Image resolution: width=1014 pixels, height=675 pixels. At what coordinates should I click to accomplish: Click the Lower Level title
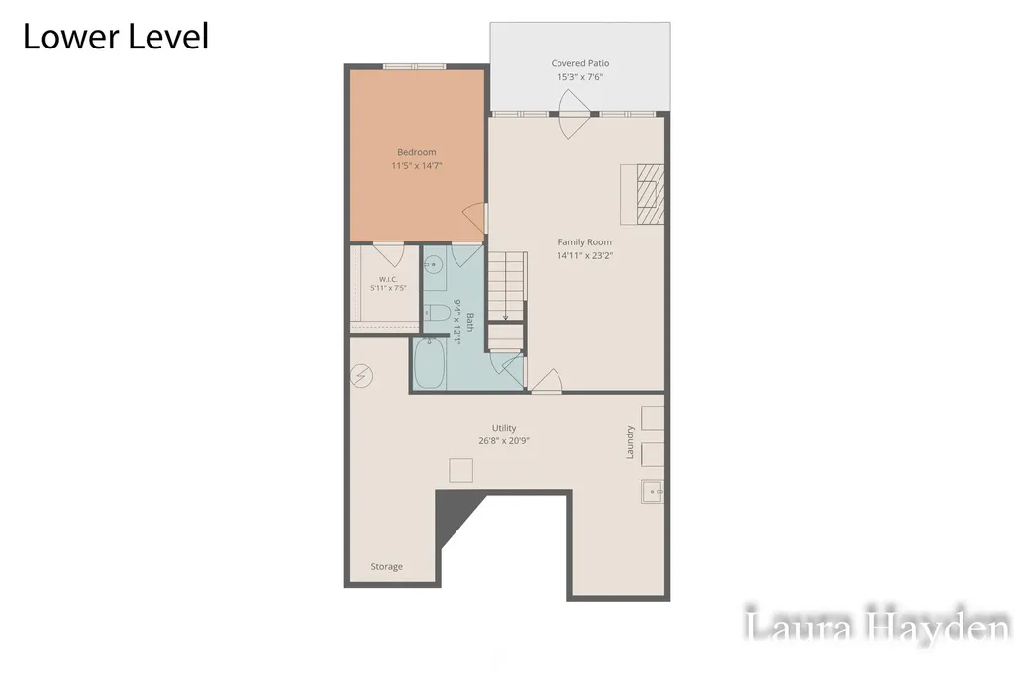[116, 37]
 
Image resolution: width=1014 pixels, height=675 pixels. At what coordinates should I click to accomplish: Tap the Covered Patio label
[580, 63]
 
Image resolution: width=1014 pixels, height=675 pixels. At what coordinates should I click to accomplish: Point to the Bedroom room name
[417, 152]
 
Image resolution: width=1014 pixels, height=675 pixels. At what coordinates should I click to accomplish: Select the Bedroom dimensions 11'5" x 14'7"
[417, 166]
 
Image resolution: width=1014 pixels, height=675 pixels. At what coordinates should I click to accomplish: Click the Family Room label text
[584, 242]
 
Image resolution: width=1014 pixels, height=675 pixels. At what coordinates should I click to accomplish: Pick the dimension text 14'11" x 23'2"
[584, 256]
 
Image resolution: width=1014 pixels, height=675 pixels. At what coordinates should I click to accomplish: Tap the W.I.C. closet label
[388, 279]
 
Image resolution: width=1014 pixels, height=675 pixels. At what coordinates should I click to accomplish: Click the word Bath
[470, 322]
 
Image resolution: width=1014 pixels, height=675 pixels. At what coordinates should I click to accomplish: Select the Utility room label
[504, 428]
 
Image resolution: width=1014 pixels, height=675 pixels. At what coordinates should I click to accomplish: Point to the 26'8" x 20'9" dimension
[504, 441]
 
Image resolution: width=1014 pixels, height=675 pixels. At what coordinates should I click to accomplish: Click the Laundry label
[629, 442]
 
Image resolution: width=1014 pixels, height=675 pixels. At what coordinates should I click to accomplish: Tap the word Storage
[387, 567]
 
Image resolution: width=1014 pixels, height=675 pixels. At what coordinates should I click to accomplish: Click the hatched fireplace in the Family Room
[650, 194]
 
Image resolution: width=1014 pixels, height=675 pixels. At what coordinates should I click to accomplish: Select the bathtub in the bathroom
[430, 363]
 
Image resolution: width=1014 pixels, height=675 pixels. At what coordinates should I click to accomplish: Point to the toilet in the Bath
[437, 313]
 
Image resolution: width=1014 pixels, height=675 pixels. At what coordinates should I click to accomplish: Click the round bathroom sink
[433, 264]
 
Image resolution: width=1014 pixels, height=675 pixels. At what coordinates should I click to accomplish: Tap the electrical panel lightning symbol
[361, 375]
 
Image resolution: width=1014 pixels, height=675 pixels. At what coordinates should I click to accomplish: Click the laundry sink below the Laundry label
[653, 491]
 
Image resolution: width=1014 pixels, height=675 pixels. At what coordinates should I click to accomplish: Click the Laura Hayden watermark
[877, 625]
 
